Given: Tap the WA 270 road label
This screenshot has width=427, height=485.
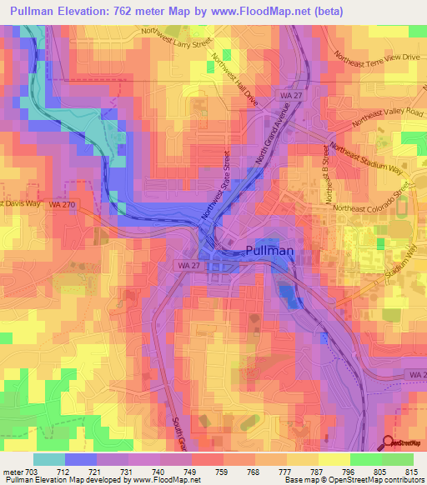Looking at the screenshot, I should (x=60, y=203).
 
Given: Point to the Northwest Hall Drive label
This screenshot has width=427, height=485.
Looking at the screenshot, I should (x=235, y=80).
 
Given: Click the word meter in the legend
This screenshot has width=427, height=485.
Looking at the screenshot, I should (x=13, y=471).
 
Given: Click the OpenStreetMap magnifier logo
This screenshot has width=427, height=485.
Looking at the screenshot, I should (x=389, y=443).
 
